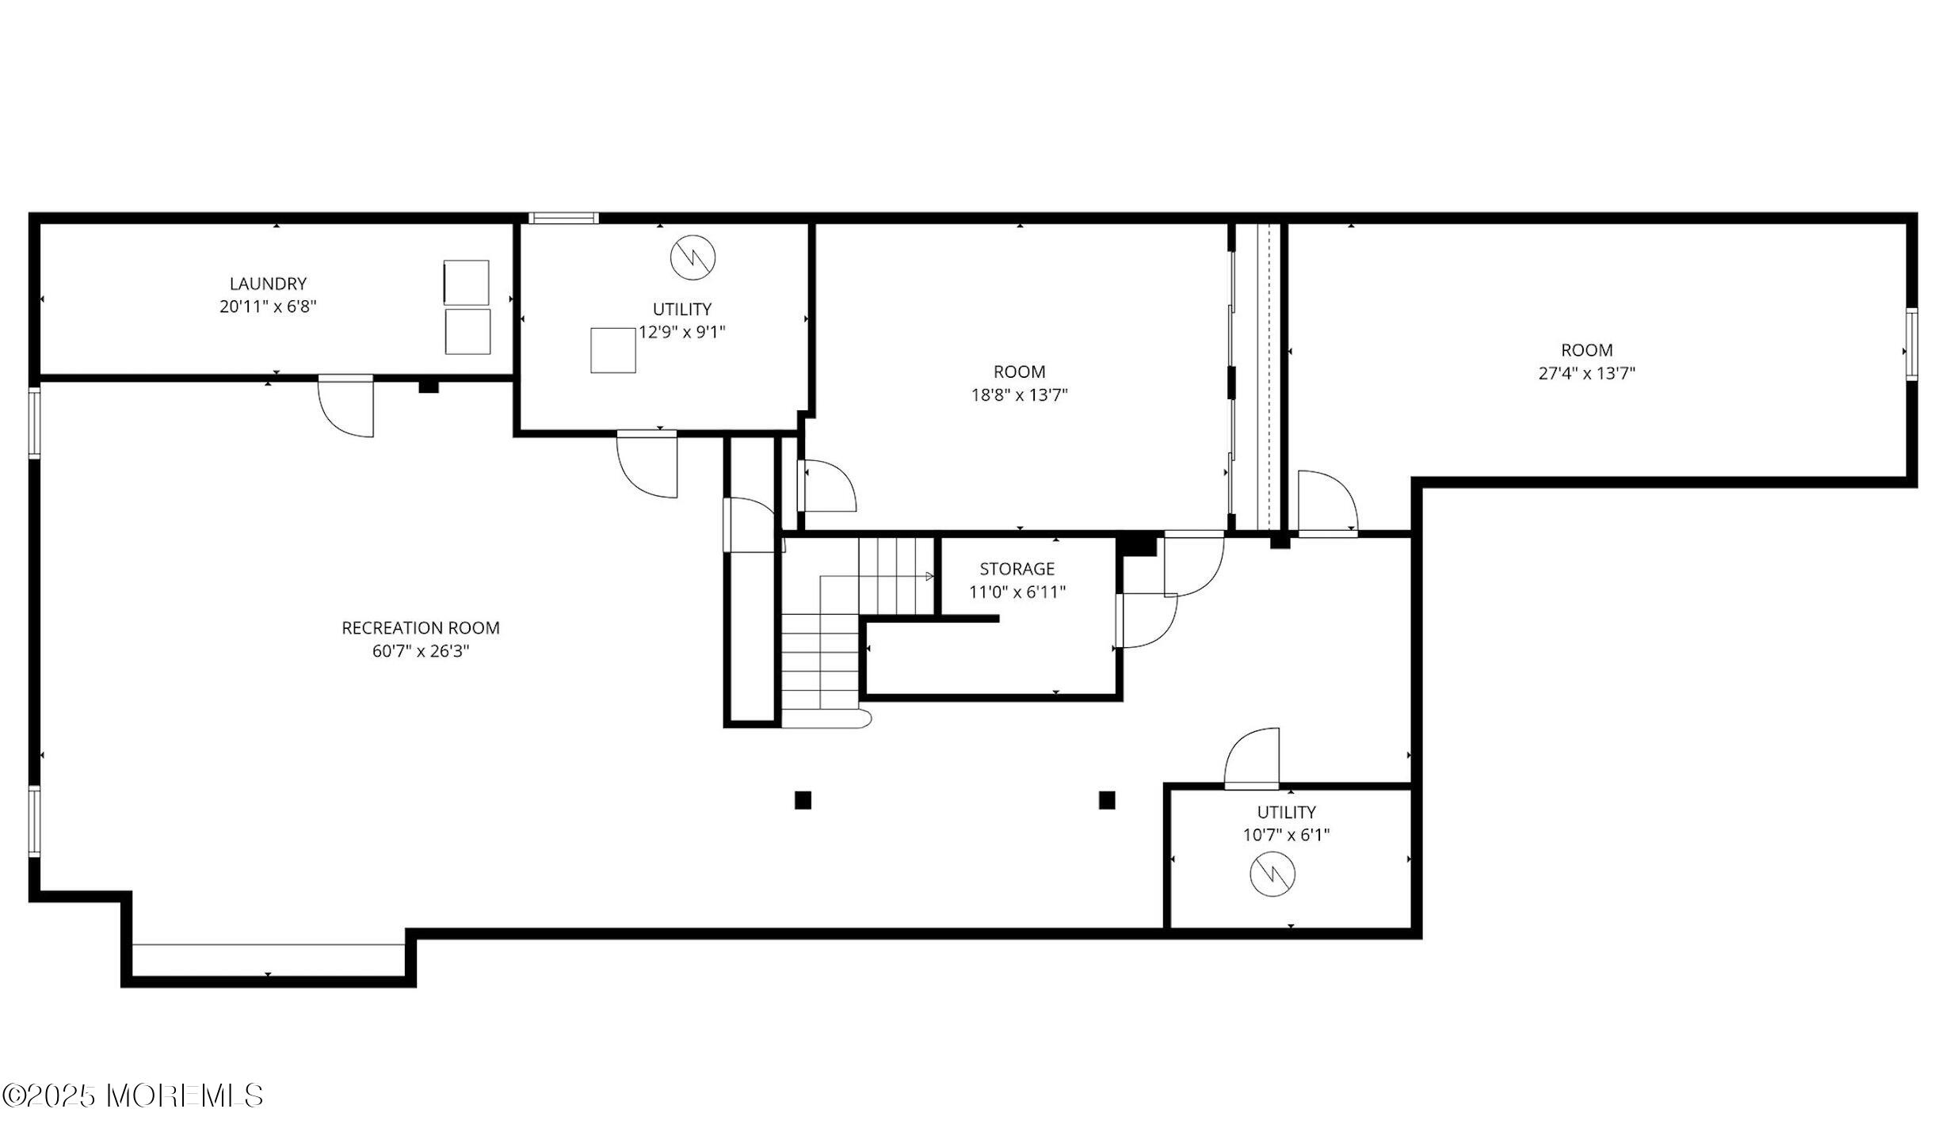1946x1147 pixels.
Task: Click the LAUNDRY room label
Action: (268, 284)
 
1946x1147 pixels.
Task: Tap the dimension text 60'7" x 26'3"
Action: (421, 651)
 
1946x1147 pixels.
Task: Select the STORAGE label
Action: (1017, 569)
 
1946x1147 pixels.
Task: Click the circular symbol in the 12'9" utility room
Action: (693, 257)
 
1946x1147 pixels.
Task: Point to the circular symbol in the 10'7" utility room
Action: (1273, 875)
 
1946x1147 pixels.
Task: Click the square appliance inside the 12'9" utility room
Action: (613, 350)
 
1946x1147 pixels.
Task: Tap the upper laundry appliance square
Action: (467, 282)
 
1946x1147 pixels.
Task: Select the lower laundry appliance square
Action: (467, 332)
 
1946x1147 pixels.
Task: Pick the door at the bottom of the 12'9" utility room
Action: (647, 465)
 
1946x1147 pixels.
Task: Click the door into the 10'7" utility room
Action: (1253, 759)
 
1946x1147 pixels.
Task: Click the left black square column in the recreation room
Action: (803, 800)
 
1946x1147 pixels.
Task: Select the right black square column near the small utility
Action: (1107, 800)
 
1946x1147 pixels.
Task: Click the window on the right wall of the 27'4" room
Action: (1911, 345)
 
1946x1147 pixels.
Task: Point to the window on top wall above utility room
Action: (563, 218)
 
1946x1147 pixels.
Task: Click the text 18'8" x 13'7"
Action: (1019, 394)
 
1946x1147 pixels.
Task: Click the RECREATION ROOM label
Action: (421, 628)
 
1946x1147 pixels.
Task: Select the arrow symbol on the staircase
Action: (929, 576)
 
